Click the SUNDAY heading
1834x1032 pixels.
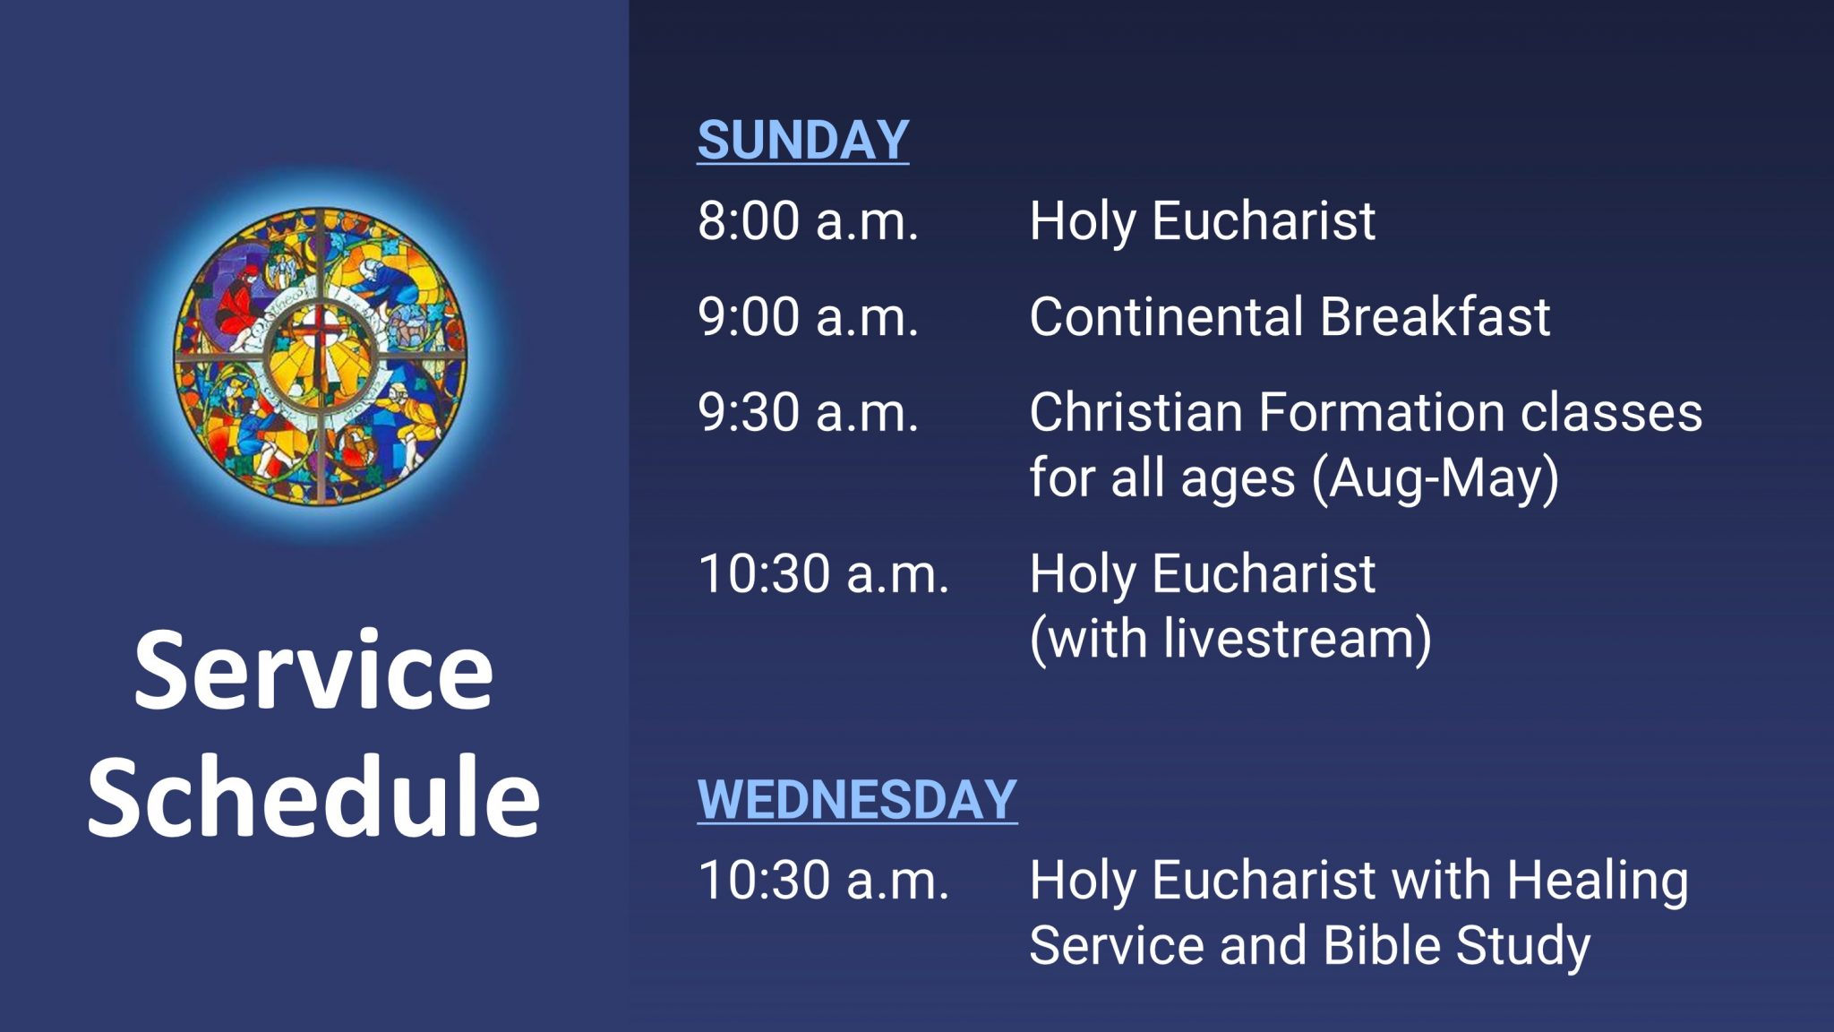pos(802,141)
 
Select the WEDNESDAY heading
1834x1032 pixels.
pos(857,800)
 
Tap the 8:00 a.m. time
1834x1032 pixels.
pos(808,221)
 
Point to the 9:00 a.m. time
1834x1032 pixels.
pos(808,317)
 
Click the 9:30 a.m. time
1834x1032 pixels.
pos(808,413)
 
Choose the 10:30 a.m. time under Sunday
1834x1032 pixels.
pos(822,574)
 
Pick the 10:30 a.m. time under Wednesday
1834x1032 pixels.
pos(822,881)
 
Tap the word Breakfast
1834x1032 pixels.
pos(1435,317)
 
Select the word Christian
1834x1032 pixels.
pos(1136,413)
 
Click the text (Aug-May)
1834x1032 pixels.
pos(1435,478)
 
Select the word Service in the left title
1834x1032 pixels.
pos(313,671)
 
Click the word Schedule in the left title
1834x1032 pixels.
pos(313,795)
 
